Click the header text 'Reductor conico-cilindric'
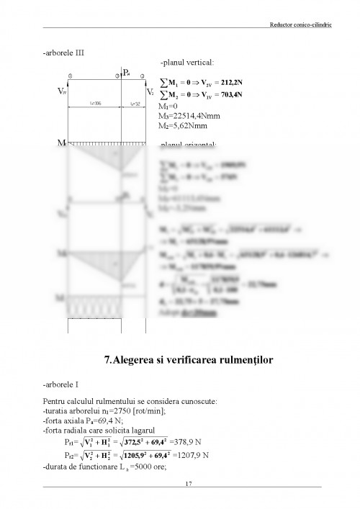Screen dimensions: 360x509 (289, 25)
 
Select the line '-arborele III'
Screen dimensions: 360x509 (63, 53)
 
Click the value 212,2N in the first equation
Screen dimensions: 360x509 (229, 82)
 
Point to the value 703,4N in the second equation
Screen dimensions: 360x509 (228, 94)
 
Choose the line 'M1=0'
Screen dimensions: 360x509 (168, 106)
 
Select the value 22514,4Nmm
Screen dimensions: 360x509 (192, 115)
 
